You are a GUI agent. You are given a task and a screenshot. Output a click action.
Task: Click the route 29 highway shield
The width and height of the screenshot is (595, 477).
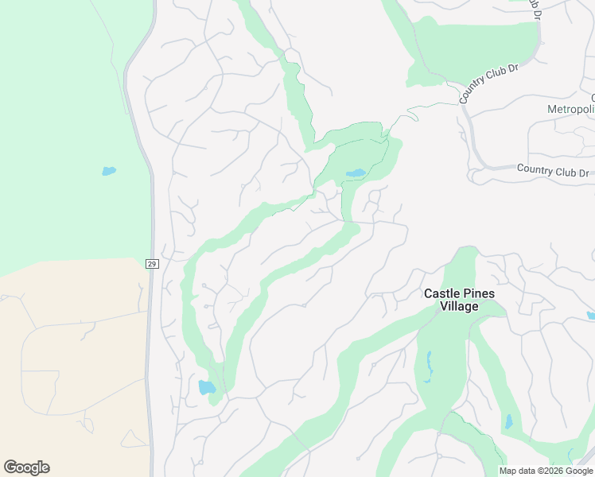click(151, 263)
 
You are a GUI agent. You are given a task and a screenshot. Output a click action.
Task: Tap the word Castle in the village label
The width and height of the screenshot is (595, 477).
click(441, 293)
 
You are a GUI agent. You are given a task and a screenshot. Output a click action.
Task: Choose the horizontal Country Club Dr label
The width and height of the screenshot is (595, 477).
click(552, 170)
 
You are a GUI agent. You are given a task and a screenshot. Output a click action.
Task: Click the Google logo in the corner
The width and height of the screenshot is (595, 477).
click(26, 467)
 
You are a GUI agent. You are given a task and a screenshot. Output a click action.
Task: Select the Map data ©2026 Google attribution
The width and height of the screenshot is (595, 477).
click(546, 471)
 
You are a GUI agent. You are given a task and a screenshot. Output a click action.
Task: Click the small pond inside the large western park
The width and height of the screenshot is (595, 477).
click(109, 170)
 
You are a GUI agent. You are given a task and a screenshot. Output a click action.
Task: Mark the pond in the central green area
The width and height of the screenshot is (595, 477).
click(356, 173)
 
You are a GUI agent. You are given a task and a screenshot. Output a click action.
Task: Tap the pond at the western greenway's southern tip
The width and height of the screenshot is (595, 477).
click(206, 387)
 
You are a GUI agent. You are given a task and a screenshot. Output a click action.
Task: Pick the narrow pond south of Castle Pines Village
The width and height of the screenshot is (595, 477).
click(429, 365)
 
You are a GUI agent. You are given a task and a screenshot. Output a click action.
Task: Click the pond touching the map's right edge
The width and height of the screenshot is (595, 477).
click(590, 316)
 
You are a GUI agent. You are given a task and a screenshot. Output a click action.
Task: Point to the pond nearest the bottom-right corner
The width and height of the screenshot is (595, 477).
click(508, 421)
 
